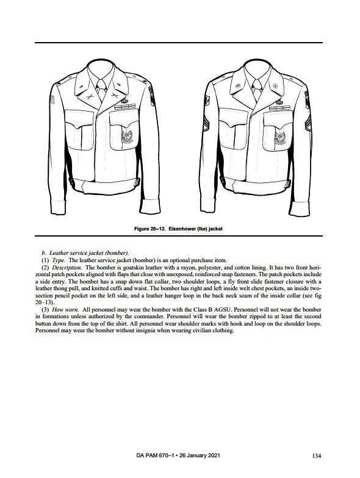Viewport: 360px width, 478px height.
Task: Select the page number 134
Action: coord(317,456)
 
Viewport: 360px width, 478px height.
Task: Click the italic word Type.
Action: coord(59,260)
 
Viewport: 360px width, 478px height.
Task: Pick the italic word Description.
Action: coord(67,267)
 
